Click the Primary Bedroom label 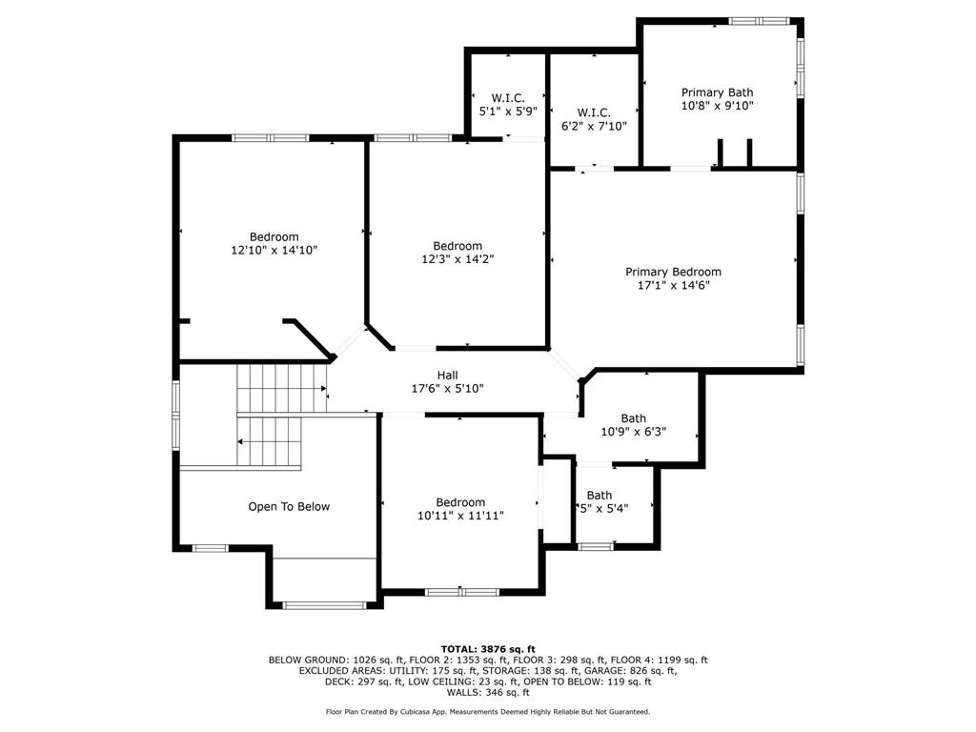click(x=673, y=272)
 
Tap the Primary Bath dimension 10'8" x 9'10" click(x=717, y=106)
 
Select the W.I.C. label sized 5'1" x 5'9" click(x=508, y=98)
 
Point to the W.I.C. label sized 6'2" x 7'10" click(x=594, y=112)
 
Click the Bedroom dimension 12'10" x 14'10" click(x=274, y=251)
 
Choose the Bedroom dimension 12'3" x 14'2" click(x=457, y=259)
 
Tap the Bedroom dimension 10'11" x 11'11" click(x=460, y=516)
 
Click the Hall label click(x=448, y=376)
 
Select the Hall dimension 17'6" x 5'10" click(x=448, y=389)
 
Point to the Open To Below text click(x=289, y=507)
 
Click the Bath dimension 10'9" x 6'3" click(x=634, y=432)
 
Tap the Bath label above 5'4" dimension click(x=600, y=496)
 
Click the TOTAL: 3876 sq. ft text click(x=488, y=649)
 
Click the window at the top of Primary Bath click(x=759, y=21)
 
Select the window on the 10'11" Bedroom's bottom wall click(x=462, y=592)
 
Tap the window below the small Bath click(x=596, y=547)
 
